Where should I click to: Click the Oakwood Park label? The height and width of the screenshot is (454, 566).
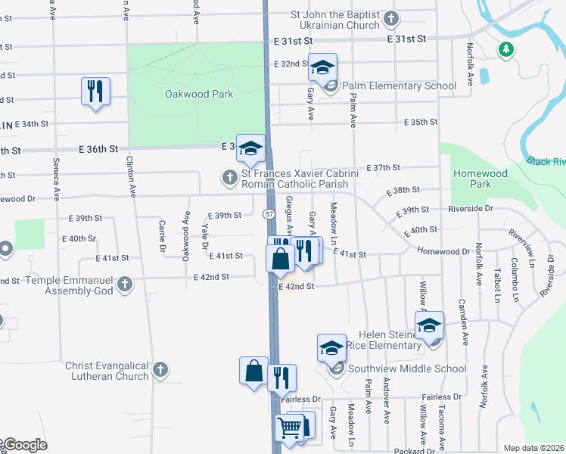[199, 95]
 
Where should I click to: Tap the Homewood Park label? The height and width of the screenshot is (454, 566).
[480, 179]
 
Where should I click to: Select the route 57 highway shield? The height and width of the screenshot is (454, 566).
[269, 214]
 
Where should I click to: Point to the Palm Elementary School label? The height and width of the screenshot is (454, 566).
[400, 86]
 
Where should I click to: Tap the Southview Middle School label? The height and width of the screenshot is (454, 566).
[407, 369]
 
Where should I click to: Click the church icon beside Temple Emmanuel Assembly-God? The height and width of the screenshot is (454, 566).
[126, 285]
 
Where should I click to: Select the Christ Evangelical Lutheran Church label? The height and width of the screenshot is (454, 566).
[107, 370]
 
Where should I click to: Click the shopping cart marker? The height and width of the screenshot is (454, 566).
[290, 428]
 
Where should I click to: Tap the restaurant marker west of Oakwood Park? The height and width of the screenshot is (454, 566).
[95, 92]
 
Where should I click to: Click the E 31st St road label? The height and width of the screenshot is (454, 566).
[407, 38]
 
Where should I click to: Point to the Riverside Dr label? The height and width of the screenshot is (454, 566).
[470, 208]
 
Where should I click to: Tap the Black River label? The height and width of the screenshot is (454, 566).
[548, 162]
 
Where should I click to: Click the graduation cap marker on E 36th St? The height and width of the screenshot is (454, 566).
[250, 148]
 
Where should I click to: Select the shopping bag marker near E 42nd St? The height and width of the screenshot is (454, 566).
[280, 258]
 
